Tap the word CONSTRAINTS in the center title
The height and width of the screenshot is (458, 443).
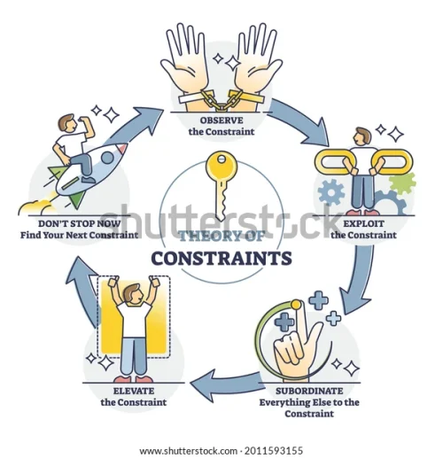[x=221, y=258]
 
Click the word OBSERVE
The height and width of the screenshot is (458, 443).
[x=221, y=120]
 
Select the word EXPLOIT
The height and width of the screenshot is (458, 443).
[x=363, y=223]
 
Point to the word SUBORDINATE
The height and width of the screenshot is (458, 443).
[x=309, y=391]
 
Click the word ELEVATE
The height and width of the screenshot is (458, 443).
[x=134, y=391]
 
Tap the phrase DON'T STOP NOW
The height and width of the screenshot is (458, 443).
[x=80, y=223]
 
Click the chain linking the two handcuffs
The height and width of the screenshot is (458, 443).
[x=221, y=100]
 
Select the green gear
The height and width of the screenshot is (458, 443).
[x=402, y=183]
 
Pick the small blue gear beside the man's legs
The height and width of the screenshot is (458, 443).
[x=331, y=192]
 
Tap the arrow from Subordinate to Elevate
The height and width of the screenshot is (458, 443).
[x=224, y=384]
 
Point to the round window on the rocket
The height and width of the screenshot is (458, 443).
[x=107, y=158]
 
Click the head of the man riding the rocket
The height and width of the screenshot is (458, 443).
[x=66, y=122]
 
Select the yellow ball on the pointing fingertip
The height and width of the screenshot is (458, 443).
[x=296, y=305]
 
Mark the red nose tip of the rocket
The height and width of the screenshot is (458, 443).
[x=123, y=148]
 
